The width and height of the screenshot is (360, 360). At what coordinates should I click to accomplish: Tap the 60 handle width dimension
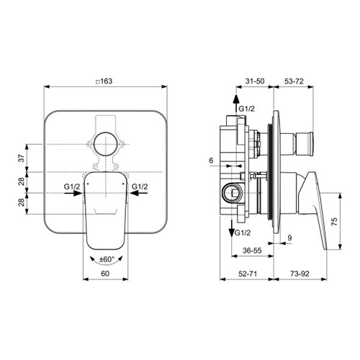click(x=108, y=274)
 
